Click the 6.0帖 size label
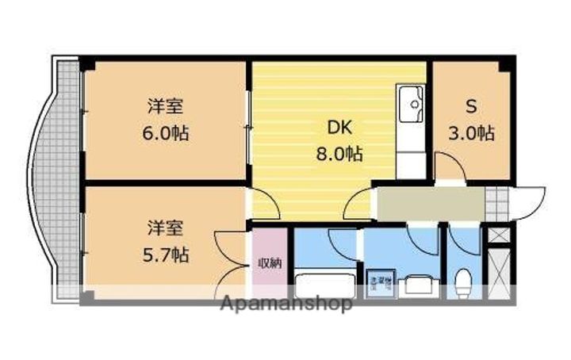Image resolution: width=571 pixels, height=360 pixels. pyautogui.click(x=166, y=132)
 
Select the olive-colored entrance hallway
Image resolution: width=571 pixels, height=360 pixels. pyautogui.click(x=428, y=204)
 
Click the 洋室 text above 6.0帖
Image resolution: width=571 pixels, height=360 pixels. pyautogui.click(x=166, y=105)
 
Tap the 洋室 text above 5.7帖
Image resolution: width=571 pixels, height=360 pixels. pyautogui.click(x=166, y=228)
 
